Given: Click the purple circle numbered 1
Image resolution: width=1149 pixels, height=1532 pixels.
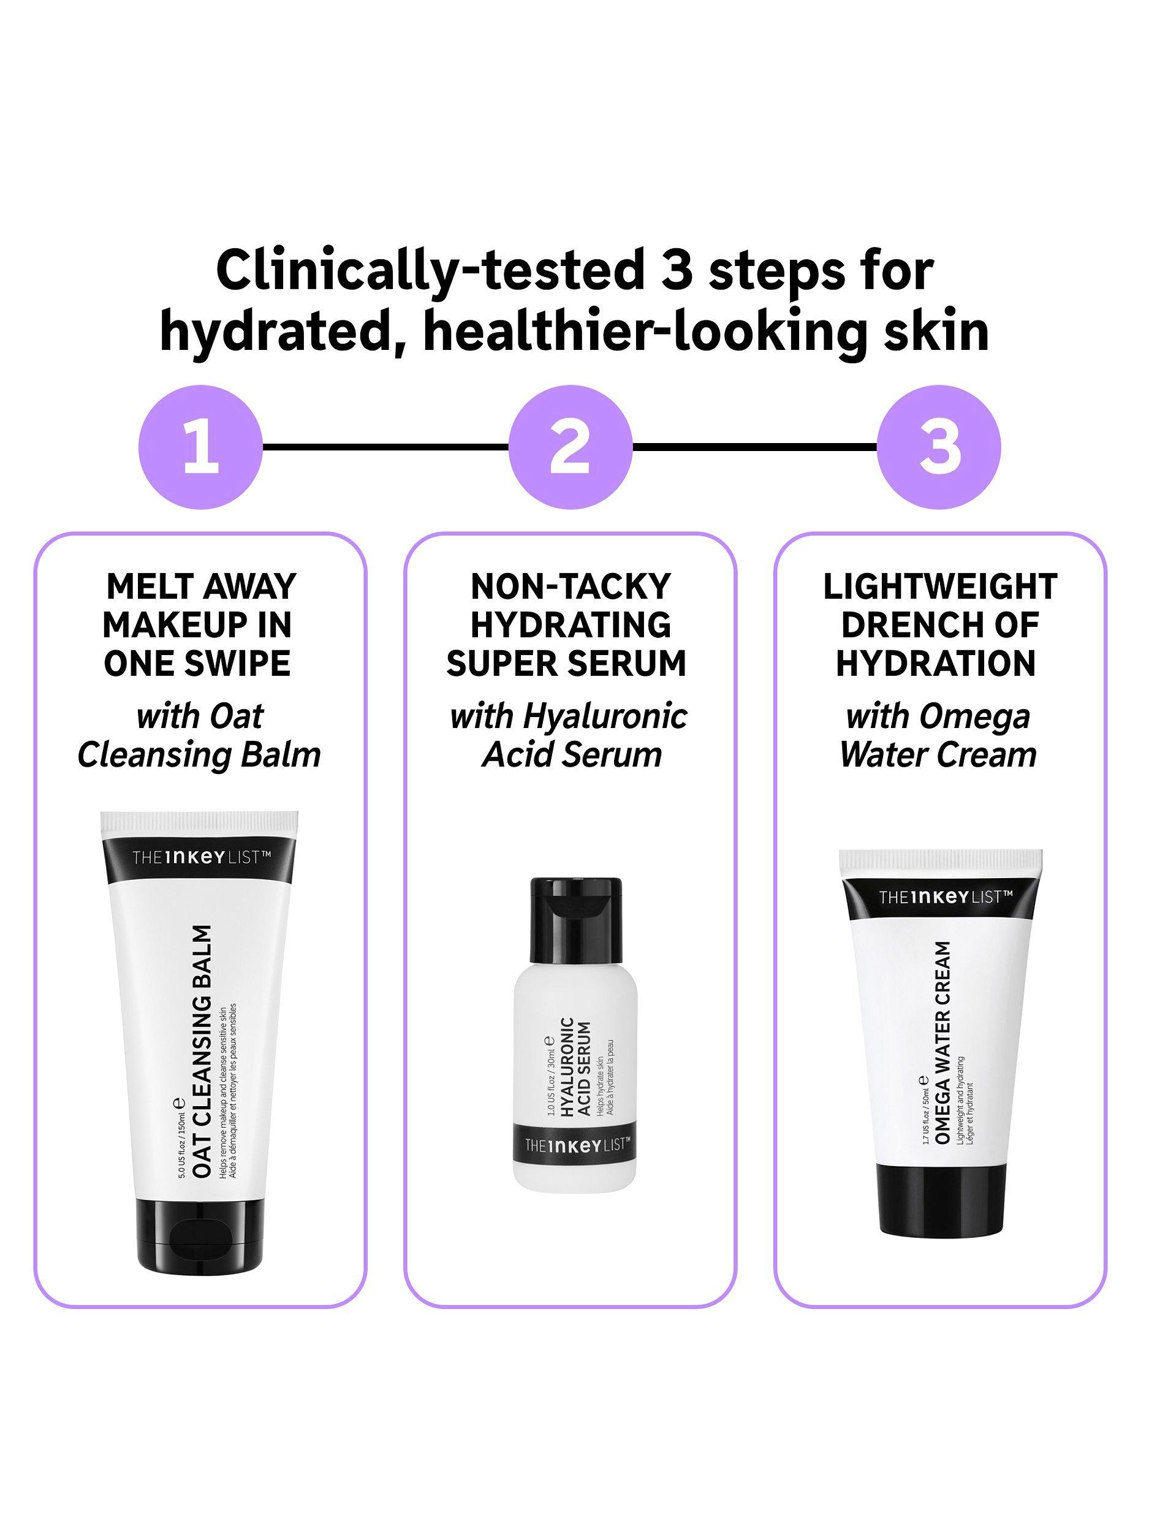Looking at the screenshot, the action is (200, 447).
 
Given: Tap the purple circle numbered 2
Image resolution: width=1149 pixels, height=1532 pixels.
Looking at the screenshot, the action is (570, 447).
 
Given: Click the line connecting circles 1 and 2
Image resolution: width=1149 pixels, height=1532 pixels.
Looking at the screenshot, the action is (385, 447).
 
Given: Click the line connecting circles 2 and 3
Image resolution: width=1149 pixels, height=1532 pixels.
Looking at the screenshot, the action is (755, 447).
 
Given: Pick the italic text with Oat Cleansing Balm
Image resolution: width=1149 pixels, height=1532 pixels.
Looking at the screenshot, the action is (199, 735).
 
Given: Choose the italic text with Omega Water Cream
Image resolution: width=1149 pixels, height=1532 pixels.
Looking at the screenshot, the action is (938, 735).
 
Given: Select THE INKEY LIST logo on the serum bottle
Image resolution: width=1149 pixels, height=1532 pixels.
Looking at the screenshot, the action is (575, 1146).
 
